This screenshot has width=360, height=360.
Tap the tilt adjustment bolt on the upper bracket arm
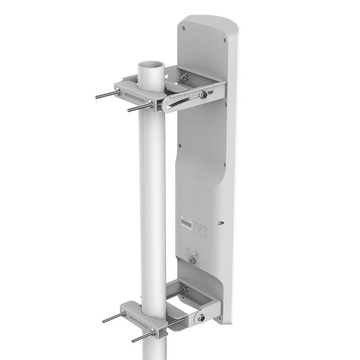coord(203,94)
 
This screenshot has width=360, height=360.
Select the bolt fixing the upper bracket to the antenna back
coord(184,77)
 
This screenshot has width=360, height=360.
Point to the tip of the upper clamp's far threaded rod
coord(96,96)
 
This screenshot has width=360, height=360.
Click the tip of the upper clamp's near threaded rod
coord(128,110)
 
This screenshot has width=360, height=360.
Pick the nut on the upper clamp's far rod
coord(118,92)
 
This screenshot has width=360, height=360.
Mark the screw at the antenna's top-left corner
coord(183,28)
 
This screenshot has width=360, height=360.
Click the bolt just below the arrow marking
coord(192,260)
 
